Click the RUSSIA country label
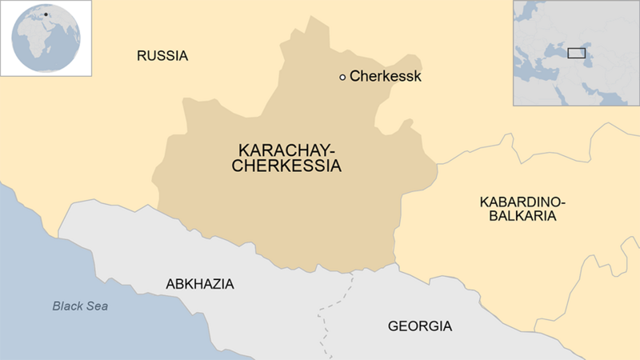[x=162, y=56]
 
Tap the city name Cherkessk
[x=385, y=77]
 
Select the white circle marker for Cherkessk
[x=342, y=77]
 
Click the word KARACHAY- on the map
[x=287, y=150]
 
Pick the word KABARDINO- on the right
[x=522, y=201]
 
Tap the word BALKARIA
[x=522, y=216]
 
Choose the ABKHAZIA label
[x=199, y=284]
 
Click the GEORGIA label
[x=419, y=326]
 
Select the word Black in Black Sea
[x=68, y=306]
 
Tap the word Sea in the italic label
[x=98, y=306]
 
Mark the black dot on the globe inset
[x=46, y=14]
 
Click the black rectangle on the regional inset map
[x=576, y=54]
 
